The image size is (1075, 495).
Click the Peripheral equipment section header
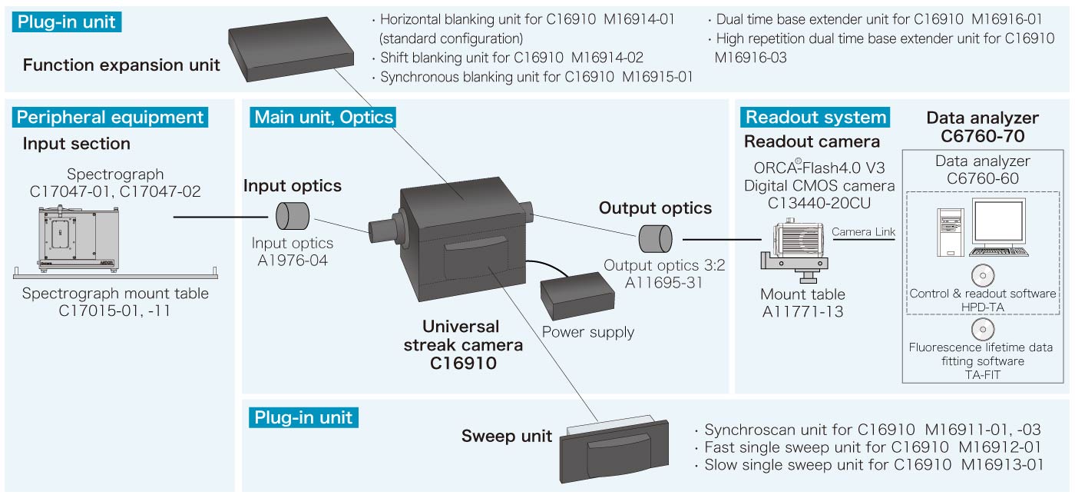[x=111, y=117]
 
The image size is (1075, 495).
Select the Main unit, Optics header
[x=323, y=117]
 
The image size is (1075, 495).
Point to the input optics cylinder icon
[x=293, y=216]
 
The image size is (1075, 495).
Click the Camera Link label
[x=863, y=231]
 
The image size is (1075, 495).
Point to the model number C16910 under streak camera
[x=463, y=362]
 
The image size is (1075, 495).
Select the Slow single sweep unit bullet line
[x=874, y=465]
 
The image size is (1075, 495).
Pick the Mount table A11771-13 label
[x=802, y=303]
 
